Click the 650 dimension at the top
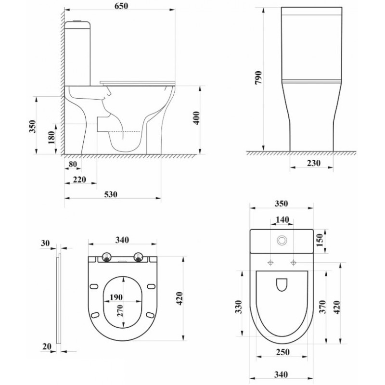coord(121,6)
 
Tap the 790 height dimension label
coord(258,78)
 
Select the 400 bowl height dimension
coord(197,118)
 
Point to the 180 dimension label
coord(51,138)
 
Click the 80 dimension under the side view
coord(73,164)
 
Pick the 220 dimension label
coord(79,180)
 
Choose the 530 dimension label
coord(111,194)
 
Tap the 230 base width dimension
coord(314,163)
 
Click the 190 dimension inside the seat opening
coord(116,297)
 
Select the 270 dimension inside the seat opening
coord(120,311)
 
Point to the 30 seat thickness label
coord(45,243)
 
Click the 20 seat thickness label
coord(47,346)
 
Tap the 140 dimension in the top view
coord(282,219)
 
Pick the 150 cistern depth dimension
coord(320,240)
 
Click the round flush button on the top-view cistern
coord(282,240)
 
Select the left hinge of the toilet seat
coord(107,257)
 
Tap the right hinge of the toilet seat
coord(138,257)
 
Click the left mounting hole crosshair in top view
coord(270,263)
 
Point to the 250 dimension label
coord(282,352)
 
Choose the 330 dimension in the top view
coord(239,307)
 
